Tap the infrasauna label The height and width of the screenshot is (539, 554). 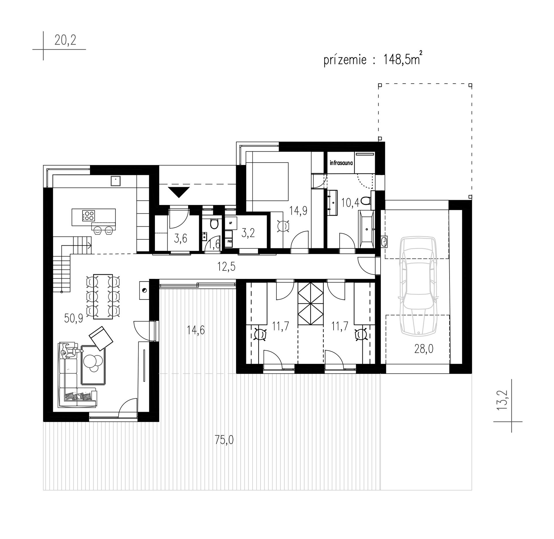tap(341, 163)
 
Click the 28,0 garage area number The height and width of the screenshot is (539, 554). tap(424, 349)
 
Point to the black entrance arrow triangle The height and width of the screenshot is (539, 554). tap(179, 192)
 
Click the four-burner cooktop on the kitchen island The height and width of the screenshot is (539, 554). tap(89, 215)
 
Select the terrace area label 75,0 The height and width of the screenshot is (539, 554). tap(224, 440)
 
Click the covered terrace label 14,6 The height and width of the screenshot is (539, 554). tap(196, 330)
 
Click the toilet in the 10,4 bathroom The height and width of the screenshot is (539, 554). tap(366, 201)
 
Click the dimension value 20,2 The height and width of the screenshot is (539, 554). tap(65, 40)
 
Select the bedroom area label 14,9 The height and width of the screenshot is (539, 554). tap(298, 211)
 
